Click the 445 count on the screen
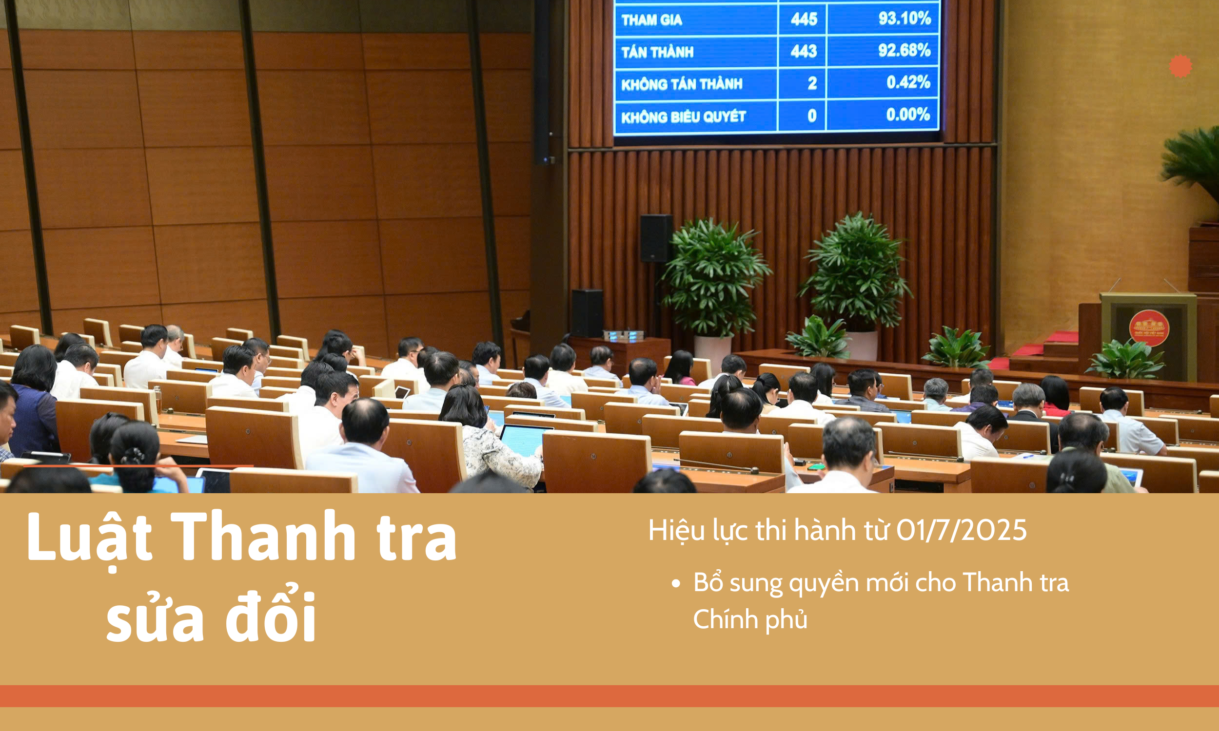[804, 19]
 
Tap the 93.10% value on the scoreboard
[904, 19]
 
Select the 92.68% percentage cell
[904, 50]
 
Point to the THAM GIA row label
[651, 19]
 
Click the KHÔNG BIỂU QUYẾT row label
[684, 117]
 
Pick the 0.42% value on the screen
[908, 82]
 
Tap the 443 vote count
[804, 51]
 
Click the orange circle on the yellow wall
[1180, 66]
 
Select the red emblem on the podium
[1149, 328]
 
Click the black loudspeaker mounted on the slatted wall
[656, 238]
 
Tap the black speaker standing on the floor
[588, 313]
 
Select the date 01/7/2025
[962, 531]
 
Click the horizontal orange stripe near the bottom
[609, 696]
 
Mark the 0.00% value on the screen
[908, 115]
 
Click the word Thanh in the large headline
[264, 537]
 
